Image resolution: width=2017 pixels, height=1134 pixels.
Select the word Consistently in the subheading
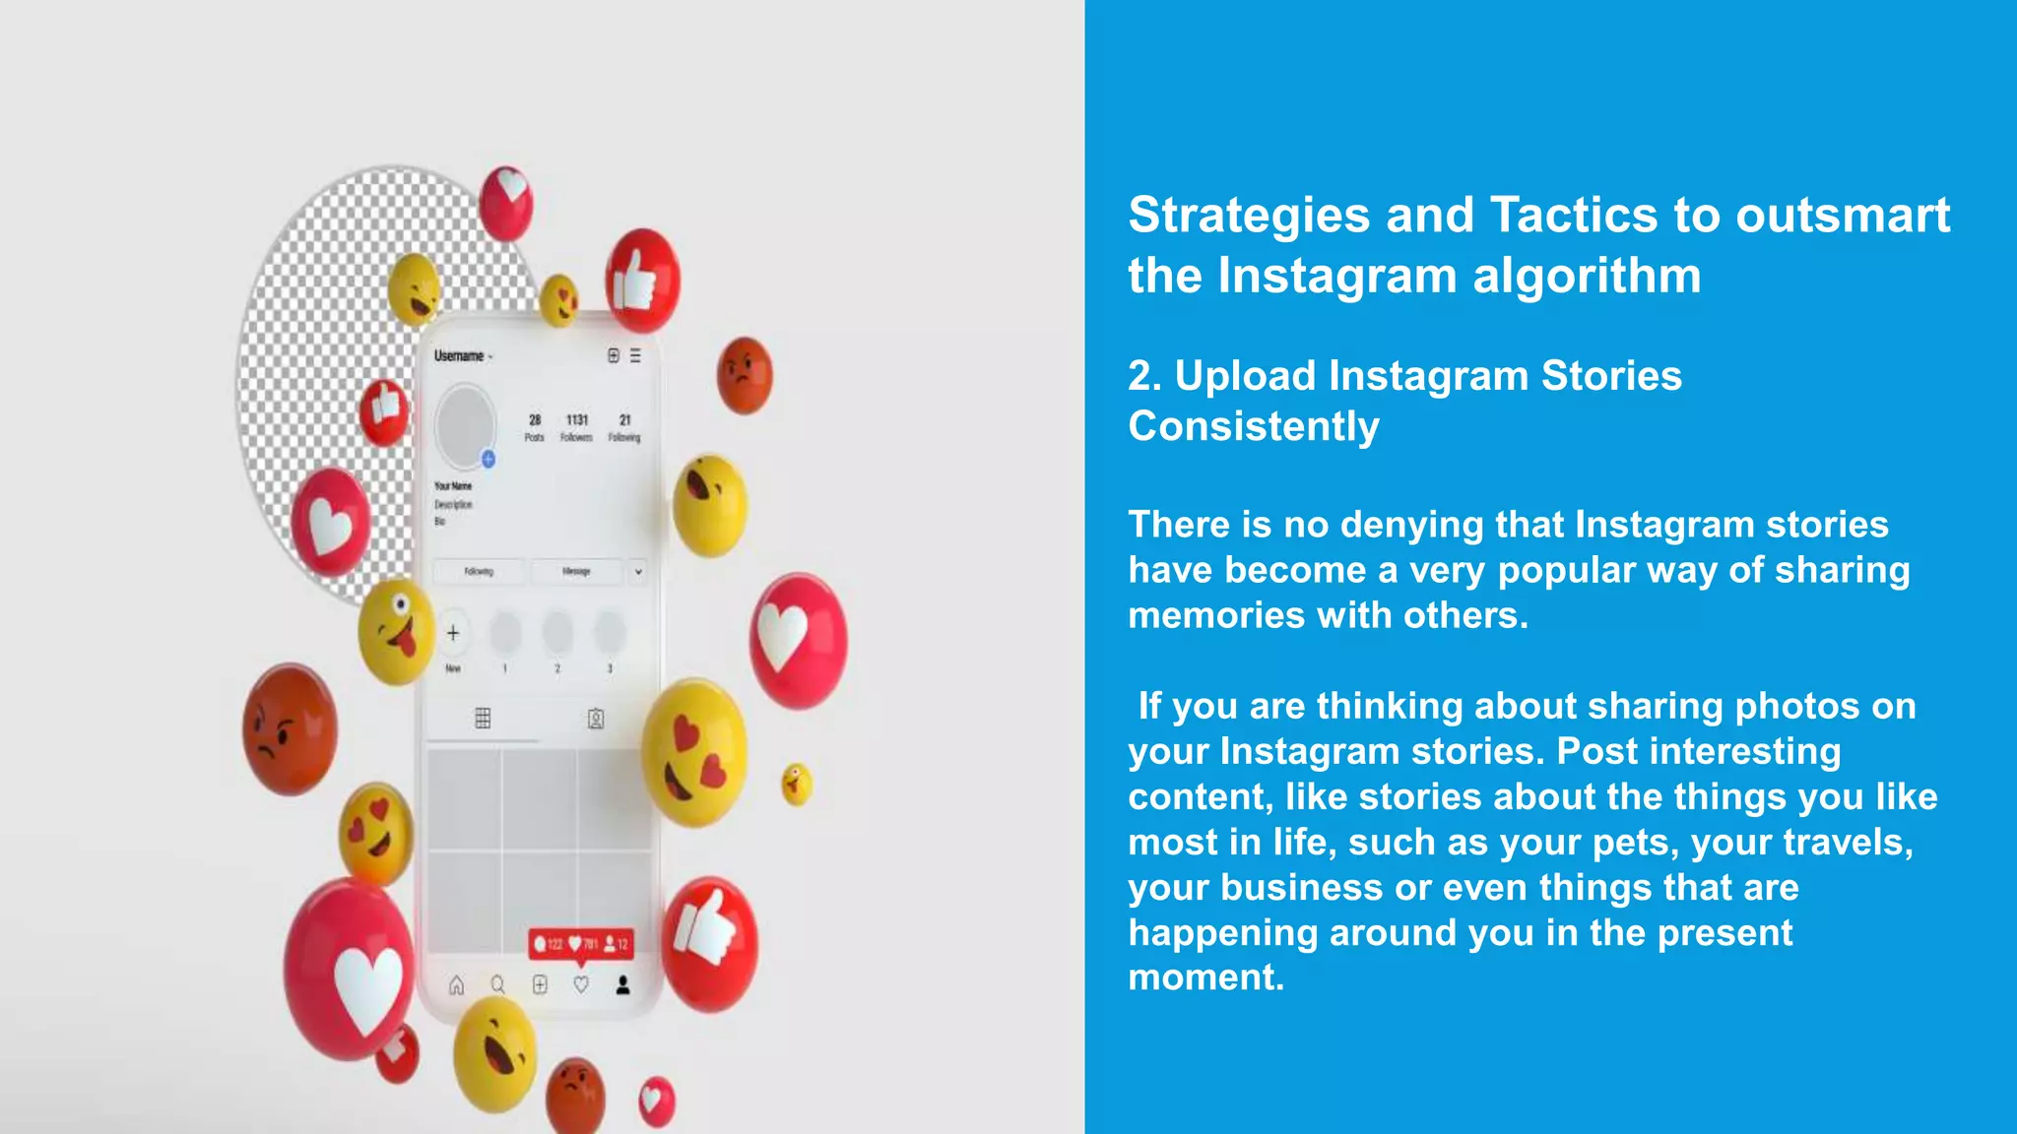(x=1253, y=427)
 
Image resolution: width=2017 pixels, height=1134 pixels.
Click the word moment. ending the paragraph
(x=1205, y=977)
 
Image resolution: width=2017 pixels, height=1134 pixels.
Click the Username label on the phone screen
(x=459, y=356)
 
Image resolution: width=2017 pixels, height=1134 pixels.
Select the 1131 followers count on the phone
(x=577, y=420)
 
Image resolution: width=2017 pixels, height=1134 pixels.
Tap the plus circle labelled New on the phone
(x=453, y=633)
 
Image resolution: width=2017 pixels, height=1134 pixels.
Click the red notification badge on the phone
(x=581, y=944)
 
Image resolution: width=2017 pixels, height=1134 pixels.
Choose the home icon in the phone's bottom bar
(x=456, y=985)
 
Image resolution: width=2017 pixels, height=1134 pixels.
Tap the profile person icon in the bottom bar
(x=622, y=985)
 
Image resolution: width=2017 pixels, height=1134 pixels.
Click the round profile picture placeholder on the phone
(x=464, y=425)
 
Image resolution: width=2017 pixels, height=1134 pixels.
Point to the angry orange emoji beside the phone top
(x=745, y=375)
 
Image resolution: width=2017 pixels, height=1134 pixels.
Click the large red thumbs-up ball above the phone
(x=642, y=281)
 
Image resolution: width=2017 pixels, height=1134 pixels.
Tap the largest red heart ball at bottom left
(x=351, y=970)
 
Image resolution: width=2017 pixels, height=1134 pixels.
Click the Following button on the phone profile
(x=479, y=572)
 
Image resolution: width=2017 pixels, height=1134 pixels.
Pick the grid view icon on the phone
(x=483, y=719)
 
